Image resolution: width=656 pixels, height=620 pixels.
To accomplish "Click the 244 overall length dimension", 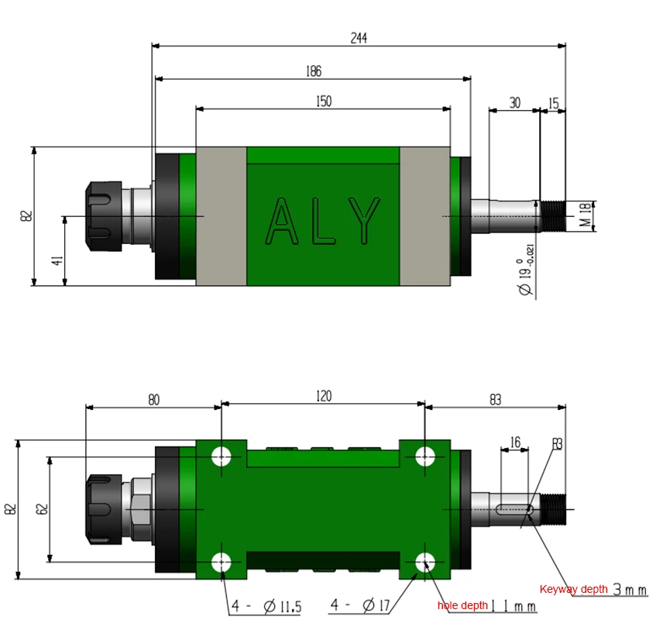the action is click(x=359, y=38).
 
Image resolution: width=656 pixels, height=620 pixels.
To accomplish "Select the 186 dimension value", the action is click(x=314, y=71).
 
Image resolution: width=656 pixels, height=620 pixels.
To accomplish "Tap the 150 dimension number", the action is click(x=324, y=102).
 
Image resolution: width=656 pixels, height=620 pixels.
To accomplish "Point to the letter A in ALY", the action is click(x=282, y=221).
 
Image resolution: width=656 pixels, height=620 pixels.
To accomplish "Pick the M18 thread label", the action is click(x=586, y=215).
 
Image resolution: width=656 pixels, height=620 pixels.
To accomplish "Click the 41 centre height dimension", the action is click(x=57, y=260).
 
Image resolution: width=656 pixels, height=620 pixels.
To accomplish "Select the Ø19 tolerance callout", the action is click(x=526, y=270).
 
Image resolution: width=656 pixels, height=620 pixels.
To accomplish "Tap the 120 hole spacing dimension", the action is click(x=324, y=396).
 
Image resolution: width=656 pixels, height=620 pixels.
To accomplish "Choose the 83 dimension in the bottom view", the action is click(x=495, y=400).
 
